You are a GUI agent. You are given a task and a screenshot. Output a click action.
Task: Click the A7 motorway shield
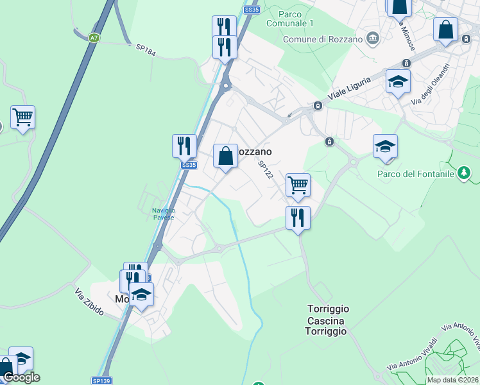click(x=94, y=38)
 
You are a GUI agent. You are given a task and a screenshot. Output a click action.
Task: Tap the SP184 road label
click(x=146, y=49)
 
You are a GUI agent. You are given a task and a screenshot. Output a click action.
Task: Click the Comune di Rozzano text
click(x=323, y=39)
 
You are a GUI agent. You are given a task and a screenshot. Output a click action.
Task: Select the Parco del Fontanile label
click(x=415, y=173)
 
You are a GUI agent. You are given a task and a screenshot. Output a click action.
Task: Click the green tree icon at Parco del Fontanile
click(x=464, y=173)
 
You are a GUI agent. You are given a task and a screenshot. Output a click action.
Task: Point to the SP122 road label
click(x=266, y=171)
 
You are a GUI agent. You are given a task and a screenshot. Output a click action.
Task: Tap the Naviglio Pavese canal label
click(x=163, y=214)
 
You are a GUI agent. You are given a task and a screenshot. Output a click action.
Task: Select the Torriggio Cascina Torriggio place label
click(x=327, y=320)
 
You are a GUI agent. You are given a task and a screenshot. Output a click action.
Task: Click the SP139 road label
click(x=101, y=381)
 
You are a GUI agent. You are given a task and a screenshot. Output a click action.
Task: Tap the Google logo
click(x=21, y=377)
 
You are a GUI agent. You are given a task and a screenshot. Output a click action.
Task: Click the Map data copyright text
click(x=453, y=380)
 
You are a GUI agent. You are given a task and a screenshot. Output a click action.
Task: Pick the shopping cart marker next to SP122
click(x=298, y=185)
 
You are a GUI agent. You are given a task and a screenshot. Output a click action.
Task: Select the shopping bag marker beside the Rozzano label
click(x=225, y=156)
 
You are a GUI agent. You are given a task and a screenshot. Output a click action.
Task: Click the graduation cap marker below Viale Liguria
click(x=398, y=82)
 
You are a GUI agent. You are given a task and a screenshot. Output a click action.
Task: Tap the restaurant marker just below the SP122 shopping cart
click(x=298, y=218)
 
